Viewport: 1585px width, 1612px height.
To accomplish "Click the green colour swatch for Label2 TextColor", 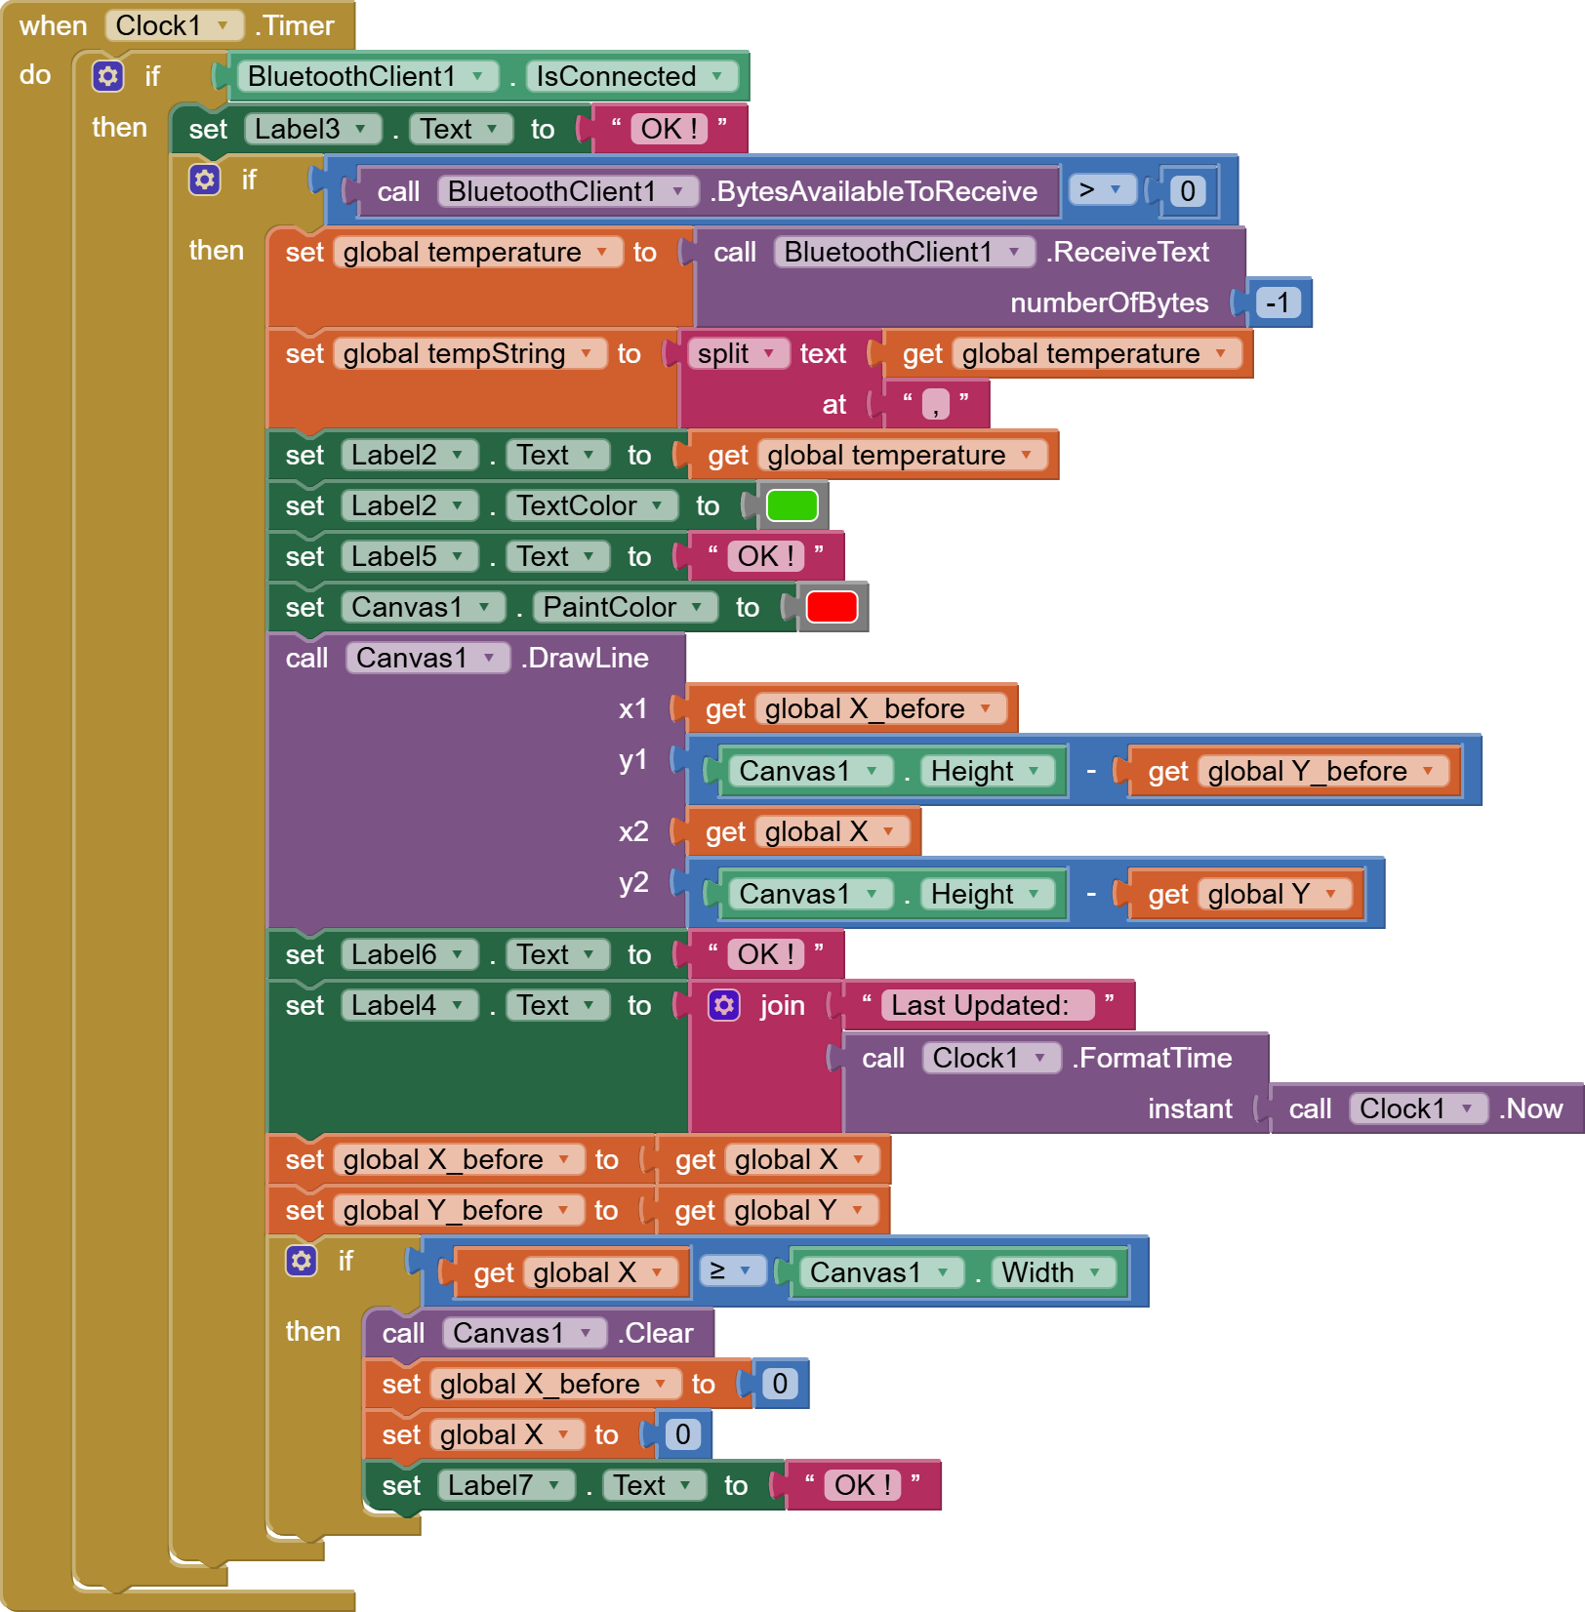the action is coord(792,505).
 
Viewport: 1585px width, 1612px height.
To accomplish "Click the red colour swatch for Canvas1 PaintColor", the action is coord(832,607).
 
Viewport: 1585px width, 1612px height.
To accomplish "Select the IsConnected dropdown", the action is coord(631,76).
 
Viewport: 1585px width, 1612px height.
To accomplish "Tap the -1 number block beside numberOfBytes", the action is coord(1278,302).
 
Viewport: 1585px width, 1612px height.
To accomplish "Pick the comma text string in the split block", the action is coord(935,404).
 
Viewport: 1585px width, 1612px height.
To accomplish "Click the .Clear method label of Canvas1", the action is coord(655,1333).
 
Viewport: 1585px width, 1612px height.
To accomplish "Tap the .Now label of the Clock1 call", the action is coord(1531,1108).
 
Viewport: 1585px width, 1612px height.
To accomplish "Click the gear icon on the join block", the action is coord(724,1005).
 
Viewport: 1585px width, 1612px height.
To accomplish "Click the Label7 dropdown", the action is coord(506,1485).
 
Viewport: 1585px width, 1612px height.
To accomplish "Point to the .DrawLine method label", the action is coord(585,658).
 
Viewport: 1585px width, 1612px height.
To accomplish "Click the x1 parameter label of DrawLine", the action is coord(633,708).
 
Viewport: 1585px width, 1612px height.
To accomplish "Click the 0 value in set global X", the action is coord(683,1434).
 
